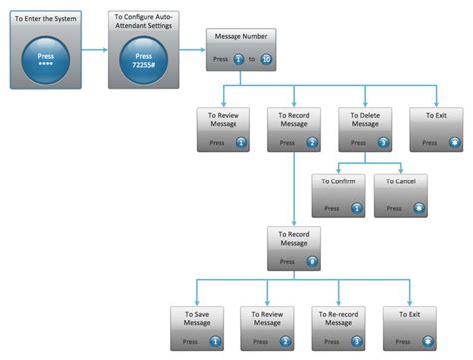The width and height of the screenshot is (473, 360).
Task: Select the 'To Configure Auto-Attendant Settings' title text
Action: (143, 20)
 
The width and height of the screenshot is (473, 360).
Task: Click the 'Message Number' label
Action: (238, 38)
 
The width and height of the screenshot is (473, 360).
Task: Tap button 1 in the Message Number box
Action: (238, 60)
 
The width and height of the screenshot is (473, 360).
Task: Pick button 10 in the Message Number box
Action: (266, 60)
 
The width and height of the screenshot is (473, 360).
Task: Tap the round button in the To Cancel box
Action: (419, 208)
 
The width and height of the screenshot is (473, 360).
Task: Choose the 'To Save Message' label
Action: (196, 318)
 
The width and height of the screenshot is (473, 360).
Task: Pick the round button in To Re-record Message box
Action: (357, 342)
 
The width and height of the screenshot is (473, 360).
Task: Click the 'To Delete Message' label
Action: (365, 120)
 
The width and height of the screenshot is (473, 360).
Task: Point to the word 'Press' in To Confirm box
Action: (330, 209)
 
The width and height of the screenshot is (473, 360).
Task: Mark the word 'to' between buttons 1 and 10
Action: (252, 60)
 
